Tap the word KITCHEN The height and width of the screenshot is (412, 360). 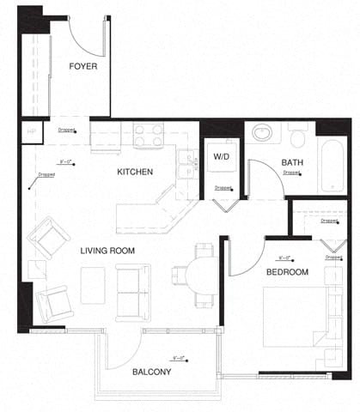[x=135, y=172]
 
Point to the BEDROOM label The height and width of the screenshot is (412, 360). [x=286, y=272]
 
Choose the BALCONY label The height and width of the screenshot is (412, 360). [x=151, y=373]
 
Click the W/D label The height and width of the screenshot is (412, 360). [x=222, y=157]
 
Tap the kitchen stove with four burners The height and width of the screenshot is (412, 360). [x=148, y=135]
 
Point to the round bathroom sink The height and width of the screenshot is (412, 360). [x=263, y=134]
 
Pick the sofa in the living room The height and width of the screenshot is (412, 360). [x=133, y=293]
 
